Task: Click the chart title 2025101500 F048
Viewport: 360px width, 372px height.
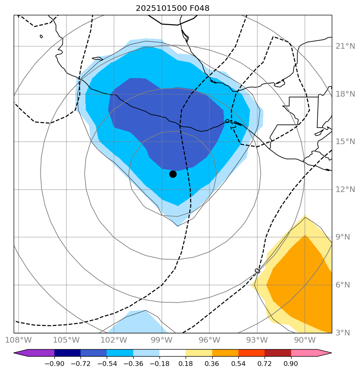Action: [x=172, y=8]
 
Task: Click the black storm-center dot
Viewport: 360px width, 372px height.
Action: [x=173, y=174]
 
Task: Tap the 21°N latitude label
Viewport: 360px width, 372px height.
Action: [x=345, y=46]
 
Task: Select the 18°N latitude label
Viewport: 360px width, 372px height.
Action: [x=345, y=94]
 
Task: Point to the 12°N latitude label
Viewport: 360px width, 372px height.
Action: [x=345, y=190]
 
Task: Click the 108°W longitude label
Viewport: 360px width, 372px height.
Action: [x=19, y=340]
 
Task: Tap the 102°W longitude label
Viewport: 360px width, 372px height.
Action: [x=114, y=340]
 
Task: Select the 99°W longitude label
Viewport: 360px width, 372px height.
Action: [x=161, y=340]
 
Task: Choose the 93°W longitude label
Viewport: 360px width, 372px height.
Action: [x=257, y=340]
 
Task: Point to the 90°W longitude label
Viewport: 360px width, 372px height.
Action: [x=304, y=340]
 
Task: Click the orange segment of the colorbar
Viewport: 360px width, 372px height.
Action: [x=225, y=353]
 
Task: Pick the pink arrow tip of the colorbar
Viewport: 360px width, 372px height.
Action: [x=325, y=353]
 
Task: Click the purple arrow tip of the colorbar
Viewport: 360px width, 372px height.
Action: [x=21, y=353]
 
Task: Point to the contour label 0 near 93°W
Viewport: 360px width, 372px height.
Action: [x=257, y=271]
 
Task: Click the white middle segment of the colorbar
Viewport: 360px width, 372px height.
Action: [x=172, y=353]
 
